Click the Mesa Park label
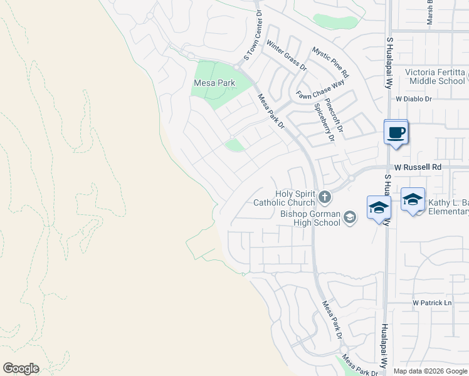214,83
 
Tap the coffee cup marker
396,133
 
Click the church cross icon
324,198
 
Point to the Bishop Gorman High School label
310,218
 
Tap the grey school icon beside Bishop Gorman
349,217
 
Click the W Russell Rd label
418,167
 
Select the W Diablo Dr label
414,99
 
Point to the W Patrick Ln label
432,303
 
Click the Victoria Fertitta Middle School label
435,76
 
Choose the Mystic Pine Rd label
330,62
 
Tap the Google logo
21,368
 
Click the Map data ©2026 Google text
431,371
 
